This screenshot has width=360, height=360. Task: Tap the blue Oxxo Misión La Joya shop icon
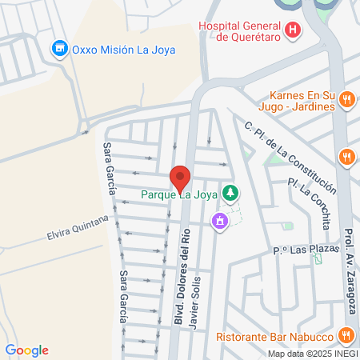59,49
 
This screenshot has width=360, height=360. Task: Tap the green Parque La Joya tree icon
230,193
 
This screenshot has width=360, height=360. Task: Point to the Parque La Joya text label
180,194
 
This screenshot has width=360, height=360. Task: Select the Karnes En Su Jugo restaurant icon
346,100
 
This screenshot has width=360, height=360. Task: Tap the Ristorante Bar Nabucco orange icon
346,334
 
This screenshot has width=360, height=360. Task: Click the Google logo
26,350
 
